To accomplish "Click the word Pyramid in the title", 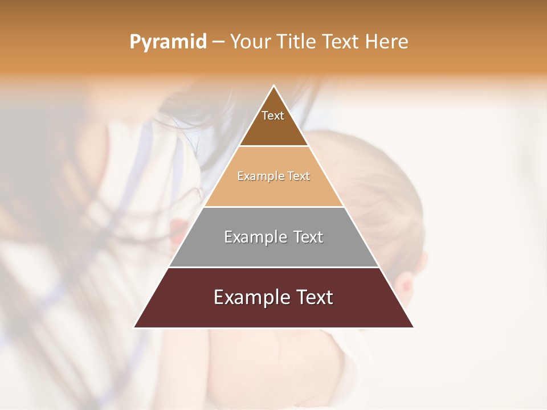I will click(x=168, y=42).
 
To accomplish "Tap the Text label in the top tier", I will click(x=273, y=116).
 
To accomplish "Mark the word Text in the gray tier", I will click(x=308, y=237).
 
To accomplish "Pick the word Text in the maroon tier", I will click(x=315, y=298).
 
